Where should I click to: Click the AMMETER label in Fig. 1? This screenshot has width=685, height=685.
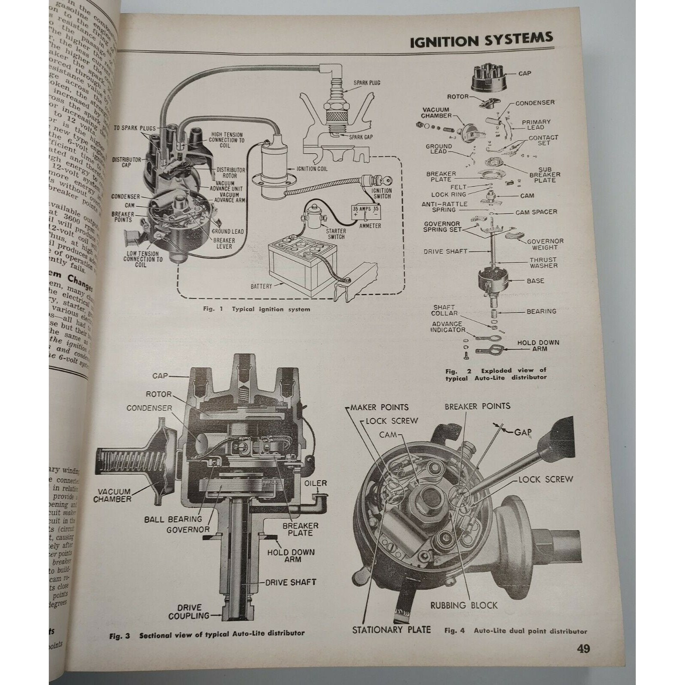coord(370,226)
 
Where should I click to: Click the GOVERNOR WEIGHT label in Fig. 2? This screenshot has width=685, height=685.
coord(545,244)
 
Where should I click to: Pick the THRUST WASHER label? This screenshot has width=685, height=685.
coord(543,262)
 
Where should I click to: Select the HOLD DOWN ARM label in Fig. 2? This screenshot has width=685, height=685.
coord(538,345)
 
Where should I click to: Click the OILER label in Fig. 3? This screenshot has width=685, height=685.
coord(316,483)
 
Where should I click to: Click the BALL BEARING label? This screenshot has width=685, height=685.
coord(173,519)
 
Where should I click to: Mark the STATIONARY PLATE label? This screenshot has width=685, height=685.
coord(391,629)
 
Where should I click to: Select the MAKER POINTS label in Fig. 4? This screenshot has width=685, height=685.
coord(379,407)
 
